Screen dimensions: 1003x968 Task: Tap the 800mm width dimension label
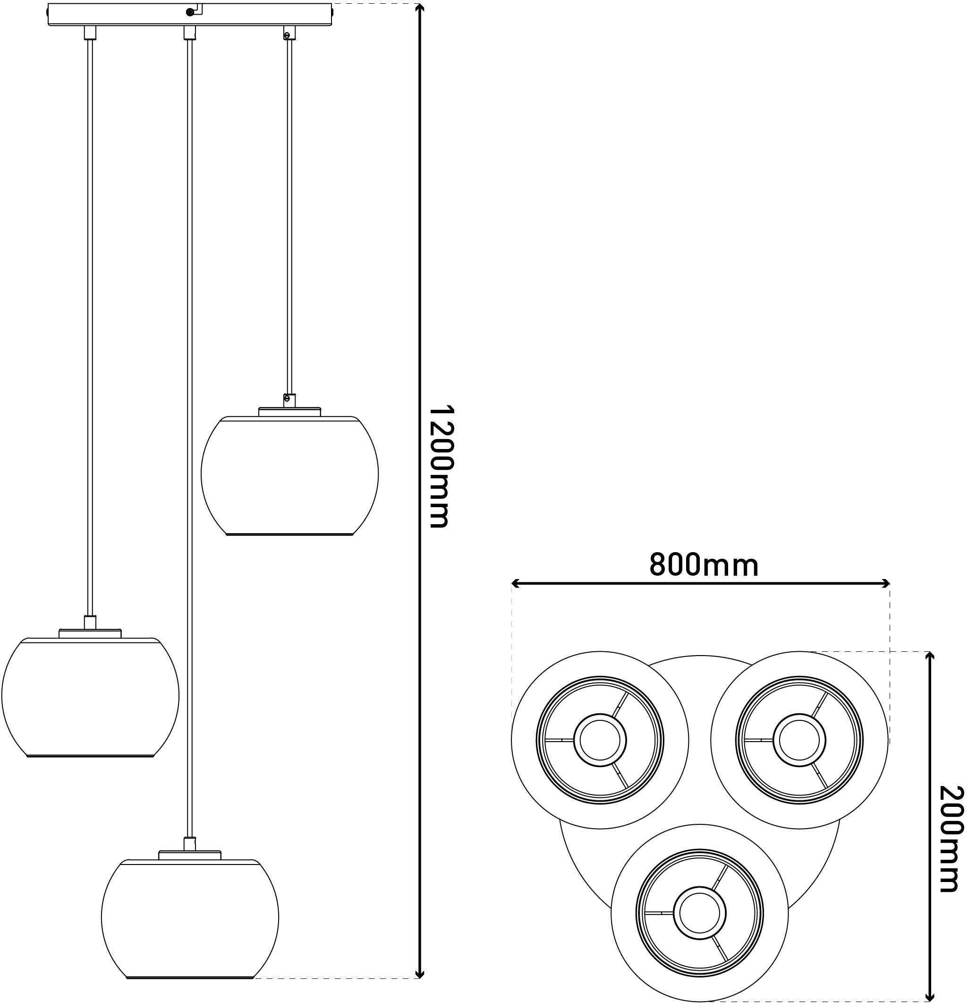point(704,565)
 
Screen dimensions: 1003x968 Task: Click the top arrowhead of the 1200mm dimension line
point(419,9)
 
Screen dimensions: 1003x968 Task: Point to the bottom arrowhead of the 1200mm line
point(419,973)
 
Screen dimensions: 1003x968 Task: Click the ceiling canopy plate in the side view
point(190,14)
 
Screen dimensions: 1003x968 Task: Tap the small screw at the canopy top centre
point(190,11)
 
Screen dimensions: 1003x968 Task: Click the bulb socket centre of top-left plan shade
point(600,740)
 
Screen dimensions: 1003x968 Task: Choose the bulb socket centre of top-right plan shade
point(799,740)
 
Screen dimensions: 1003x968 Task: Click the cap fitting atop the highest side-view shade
point(289,412)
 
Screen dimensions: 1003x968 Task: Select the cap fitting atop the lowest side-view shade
point(190,855)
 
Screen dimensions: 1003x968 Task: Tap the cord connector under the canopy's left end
point(90,33)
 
